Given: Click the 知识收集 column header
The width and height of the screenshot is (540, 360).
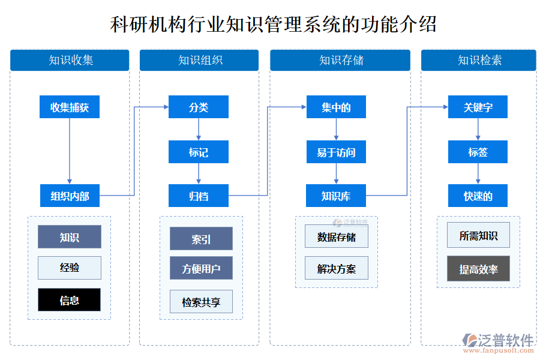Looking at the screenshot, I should click(70, 60).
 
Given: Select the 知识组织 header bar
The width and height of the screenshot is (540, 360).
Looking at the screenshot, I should click(199, 60).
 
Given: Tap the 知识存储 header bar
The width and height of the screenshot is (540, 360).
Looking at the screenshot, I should click(340, 60).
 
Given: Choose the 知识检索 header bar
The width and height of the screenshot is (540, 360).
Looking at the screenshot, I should click(478, 60).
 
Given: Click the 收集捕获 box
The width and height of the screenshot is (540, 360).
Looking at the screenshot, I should click(70, 107).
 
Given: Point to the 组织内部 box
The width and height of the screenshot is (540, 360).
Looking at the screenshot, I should click(70, 196).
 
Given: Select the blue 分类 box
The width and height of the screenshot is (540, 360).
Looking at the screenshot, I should click(199, 107).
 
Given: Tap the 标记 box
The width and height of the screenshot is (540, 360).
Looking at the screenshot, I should click(199, 152).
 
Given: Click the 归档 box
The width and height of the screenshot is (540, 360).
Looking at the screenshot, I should click(199, 196).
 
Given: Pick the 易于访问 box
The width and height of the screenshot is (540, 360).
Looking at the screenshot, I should click(336, 152).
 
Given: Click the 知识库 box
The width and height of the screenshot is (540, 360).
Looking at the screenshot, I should click(336, 196).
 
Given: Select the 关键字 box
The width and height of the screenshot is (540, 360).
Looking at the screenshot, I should click(478, 107).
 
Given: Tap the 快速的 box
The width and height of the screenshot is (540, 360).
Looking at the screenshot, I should click(478, 196).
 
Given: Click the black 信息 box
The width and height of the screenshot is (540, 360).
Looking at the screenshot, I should click(70, 300).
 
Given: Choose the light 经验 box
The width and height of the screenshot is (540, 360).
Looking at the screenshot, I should click(70, 268).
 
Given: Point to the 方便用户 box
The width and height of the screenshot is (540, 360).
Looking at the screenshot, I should click(201, 268).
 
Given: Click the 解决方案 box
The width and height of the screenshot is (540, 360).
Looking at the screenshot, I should click(337, 268).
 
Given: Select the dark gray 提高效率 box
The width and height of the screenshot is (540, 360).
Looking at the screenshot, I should click(478, 269).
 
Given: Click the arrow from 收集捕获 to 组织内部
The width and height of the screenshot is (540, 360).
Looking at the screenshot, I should click(70, 150).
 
